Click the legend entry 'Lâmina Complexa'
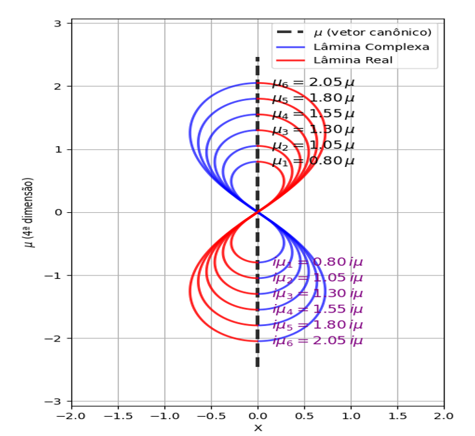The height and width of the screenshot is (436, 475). click(371, 47)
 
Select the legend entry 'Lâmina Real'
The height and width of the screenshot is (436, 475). click(352, 60)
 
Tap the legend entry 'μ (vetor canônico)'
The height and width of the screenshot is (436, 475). click(372, 32)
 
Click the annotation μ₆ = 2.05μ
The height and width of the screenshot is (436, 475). click(313, 83)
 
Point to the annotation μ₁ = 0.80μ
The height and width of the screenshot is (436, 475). click(313, 161)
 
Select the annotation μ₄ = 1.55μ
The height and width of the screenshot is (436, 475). click(313, 114)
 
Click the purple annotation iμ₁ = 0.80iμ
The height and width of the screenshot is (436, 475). click(317, 262)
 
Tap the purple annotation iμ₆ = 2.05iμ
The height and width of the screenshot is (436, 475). click(317, 341)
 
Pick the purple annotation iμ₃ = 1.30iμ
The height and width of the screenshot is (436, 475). click(317, 294)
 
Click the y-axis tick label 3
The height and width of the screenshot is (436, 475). click(58, 23)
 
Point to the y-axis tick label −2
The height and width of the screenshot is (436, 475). click(55, 338)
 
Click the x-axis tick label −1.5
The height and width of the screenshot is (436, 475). click(118, 415)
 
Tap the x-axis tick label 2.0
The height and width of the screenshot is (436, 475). click(443, 415)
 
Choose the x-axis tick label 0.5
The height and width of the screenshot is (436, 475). click(304, 415)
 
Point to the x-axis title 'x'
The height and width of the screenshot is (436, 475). click(258, 428)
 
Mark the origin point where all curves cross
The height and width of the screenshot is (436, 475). click(258, 212)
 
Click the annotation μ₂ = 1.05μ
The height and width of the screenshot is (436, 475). click(313, 146)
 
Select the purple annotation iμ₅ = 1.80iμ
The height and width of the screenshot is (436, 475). click(317, 325)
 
